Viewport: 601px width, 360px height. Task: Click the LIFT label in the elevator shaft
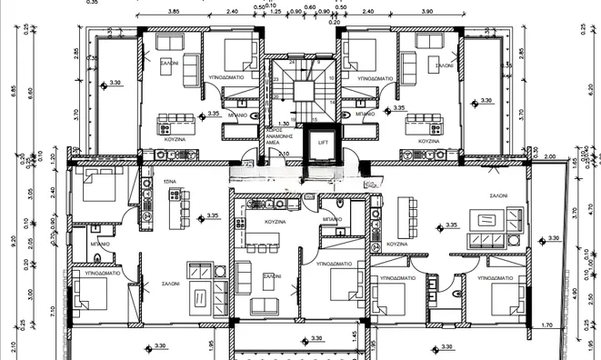[x=323, y=143]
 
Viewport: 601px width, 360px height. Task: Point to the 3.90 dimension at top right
[x=427, y=13]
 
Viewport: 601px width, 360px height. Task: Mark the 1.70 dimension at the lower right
[x=546, y=325]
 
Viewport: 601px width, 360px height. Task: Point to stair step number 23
[x=275, y=80]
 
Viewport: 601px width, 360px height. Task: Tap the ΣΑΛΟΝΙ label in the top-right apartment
[x=444, y=65]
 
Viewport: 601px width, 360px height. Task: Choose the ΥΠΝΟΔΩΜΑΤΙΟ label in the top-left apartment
[x=225, y=79]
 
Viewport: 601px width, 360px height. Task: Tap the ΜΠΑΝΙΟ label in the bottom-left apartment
[x=100, y=244]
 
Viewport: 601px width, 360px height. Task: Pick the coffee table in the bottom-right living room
[x=487, y=219]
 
